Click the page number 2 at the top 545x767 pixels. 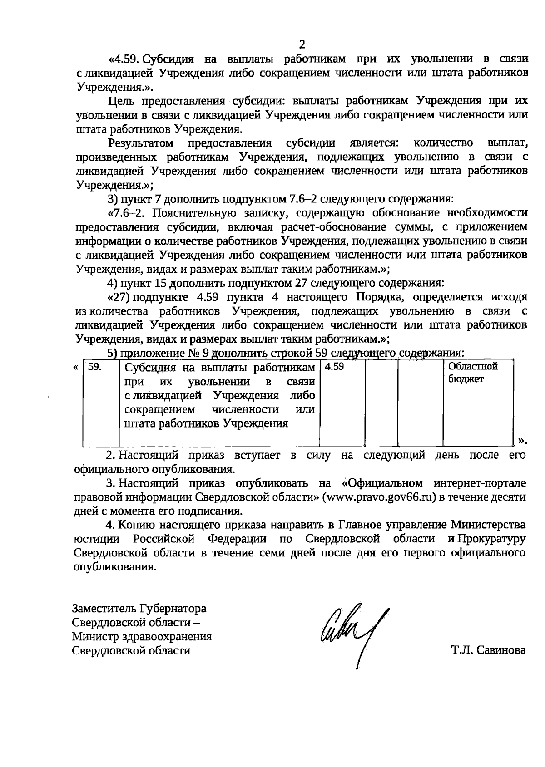[x=302, y=44]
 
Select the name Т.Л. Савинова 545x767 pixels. [x=488, y=650]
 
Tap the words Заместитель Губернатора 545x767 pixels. [x=139, y=608]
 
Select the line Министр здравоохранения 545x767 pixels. [x=142, y=636]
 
